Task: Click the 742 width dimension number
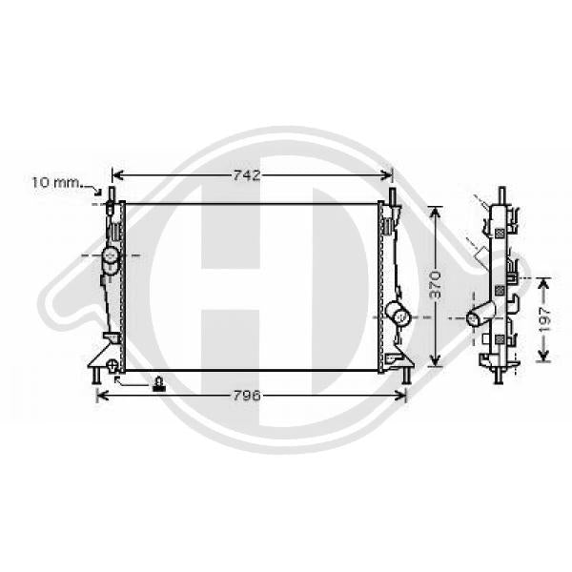[x=247, y=175]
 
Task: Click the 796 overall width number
[x=247, y=396]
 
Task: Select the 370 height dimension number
[x=435, y=284]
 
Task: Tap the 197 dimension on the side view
[x=543, y=320]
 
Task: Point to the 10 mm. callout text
[x=56, y=182]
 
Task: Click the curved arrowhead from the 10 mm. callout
[x=98, y=191]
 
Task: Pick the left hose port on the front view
[x=111, y=259]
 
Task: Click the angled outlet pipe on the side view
[x=480, y=314]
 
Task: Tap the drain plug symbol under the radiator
[x=158, y=384]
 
